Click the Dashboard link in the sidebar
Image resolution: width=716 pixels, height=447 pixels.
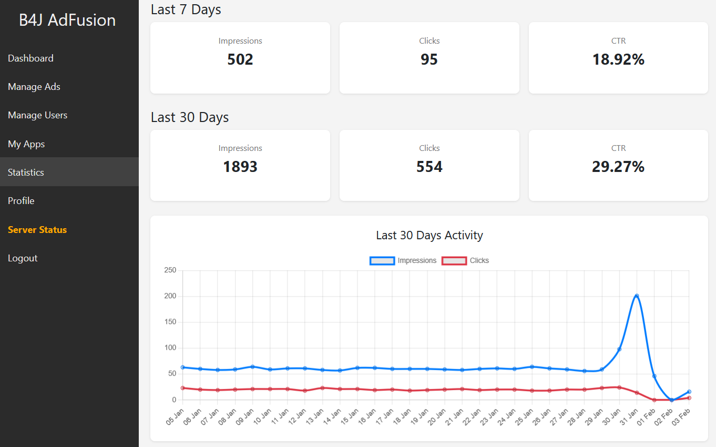[x=30, y=58]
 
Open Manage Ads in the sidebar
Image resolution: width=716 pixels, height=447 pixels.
[x=34, y=87]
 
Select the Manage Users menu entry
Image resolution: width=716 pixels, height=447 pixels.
[x=37, y=115]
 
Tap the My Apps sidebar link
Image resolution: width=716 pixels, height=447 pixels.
[x=26, y=144]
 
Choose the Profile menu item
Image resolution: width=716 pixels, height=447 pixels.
[x=21, y=201]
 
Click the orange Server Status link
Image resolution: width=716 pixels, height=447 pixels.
[x=37, y=230]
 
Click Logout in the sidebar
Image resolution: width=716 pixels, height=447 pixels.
[x=23, y=258]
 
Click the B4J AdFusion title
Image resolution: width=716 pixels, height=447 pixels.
[x=67, y=20]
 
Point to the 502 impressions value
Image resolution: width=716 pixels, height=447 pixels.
[x=240, y=59]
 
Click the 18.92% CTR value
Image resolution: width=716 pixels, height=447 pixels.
[x=618, y=59]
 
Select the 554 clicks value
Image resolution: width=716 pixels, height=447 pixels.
[x=429, y=167]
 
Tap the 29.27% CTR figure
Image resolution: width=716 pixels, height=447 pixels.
[x=618, y=167]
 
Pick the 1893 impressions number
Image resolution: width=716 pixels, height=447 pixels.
[x=240, y=167]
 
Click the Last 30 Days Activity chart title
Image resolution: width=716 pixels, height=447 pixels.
[x=429, y=235]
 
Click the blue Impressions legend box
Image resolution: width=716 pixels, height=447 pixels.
[x=382, y=261]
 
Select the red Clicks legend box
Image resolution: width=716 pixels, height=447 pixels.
[x=454, y=261]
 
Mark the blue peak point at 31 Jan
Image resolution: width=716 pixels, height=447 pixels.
[x=637, y=296]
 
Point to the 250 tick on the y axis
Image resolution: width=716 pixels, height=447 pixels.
[x=170, y=270]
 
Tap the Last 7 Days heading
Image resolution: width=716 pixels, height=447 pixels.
[x=186, y=9]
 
